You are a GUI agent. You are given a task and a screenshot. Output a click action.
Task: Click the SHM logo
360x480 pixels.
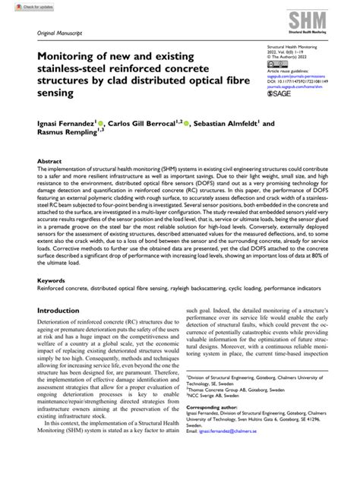coord(322,23)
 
